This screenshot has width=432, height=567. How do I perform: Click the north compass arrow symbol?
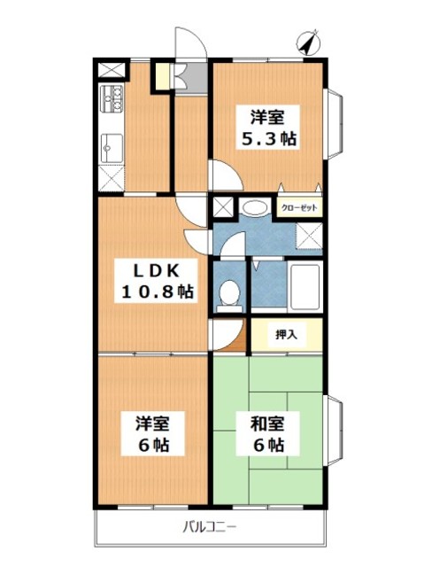309,43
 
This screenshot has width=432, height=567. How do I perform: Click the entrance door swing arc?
187,43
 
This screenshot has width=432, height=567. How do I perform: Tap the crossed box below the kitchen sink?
112,176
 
